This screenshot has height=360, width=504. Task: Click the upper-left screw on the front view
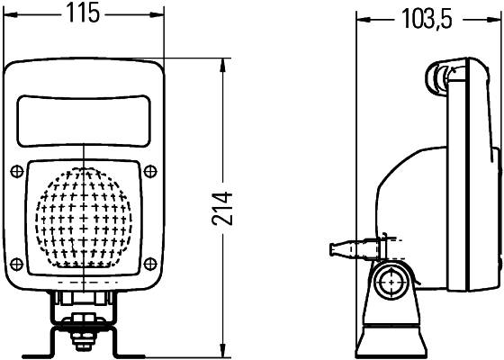pos(18,171)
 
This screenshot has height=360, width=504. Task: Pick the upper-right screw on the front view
pos(150,171)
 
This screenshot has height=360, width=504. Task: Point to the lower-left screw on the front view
pos(18,264)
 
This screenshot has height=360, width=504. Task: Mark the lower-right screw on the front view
pos(150,264)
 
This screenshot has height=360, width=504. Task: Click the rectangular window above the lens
pos(84,121)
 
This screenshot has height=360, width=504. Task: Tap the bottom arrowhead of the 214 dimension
pos(224,352)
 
